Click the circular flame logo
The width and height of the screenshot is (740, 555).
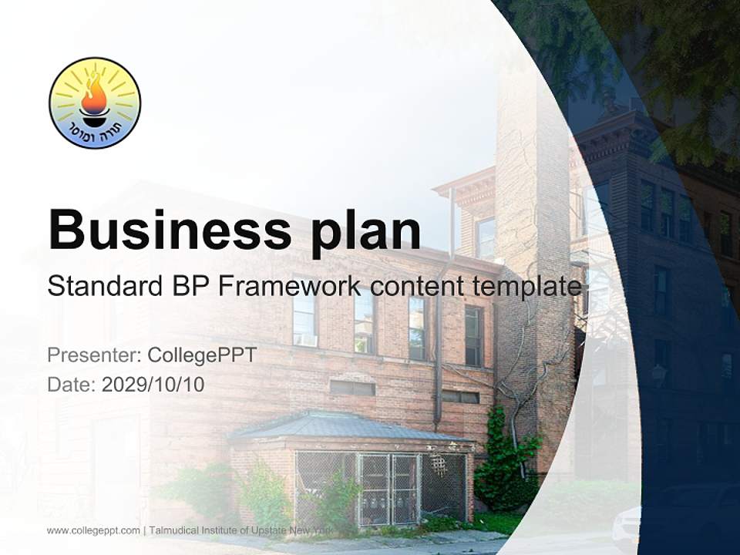point(95,103)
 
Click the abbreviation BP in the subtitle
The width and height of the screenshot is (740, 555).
point(188,286)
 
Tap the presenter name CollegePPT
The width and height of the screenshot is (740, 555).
point(202,355)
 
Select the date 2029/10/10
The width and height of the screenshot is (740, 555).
point(153,384)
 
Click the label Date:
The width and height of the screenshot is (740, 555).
point(71,384)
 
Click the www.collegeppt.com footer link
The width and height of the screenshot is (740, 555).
point(93,530)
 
